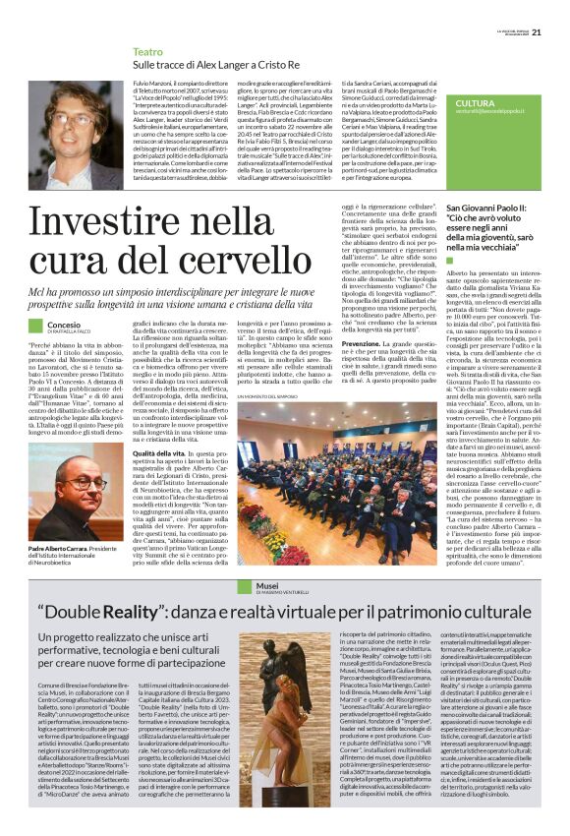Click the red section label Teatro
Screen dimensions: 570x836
(x=147, y=50)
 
